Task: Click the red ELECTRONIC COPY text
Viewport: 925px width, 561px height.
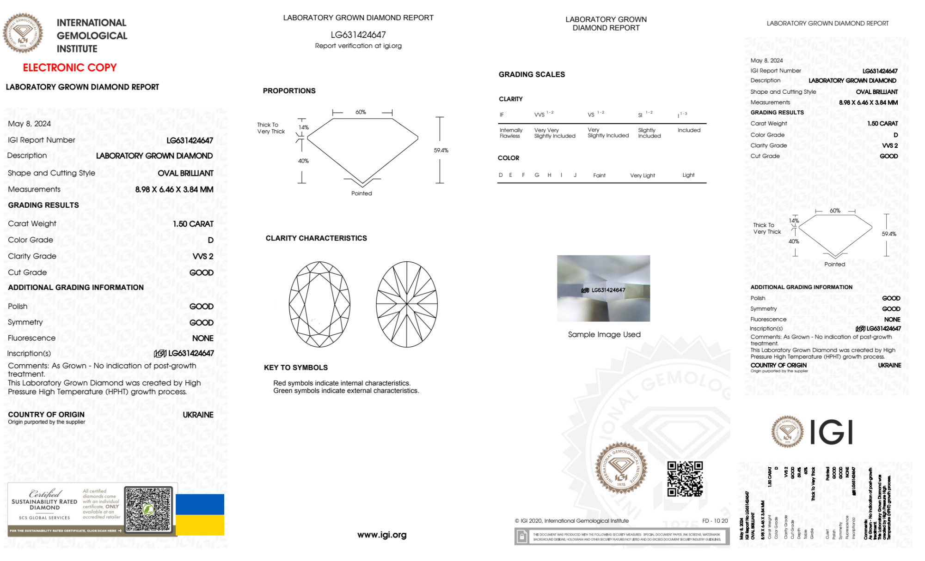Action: click(70, 68)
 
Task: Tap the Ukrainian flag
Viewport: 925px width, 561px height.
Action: click(200, 514)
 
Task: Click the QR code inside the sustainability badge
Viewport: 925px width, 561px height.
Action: click(148, 509)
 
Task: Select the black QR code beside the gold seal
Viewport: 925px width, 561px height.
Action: click(685, 479)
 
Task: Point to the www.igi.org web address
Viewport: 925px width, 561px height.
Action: click(382, 535)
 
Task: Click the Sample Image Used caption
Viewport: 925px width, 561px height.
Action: click(604, 334)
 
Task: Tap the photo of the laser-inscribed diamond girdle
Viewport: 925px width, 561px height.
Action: click(603, 288)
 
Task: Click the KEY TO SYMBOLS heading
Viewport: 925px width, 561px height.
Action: click(296, 368)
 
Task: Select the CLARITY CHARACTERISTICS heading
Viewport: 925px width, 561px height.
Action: click(316, 238)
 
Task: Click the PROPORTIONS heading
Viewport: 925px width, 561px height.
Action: click(289, 91)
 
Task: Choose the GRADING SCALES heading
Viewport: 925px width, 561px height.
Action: click(532, 74)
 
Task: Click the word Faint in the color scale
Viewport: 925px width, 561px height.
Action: click(599, 175)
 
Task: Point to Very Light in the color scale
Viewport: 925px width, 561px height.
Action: click(642, 175)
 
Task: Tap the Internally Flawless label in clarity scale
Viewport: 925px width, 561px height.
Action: click(511, 133)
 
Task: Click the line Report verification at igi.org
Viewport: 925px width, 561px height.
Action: click(358, 46)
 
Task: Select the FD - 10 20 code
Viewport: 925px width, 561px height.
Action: click(715, 521)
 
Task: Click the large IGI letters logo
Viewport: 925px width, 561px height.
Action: click(832, 432)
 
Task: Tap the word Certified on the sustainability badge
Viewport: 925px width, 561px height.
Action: click(45, 493)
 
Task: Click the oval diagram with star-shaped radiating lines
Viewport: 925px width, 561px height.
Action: click(407, 304)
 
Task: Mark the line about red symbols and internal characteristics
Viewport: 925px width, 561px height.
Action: click(342, 383)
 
